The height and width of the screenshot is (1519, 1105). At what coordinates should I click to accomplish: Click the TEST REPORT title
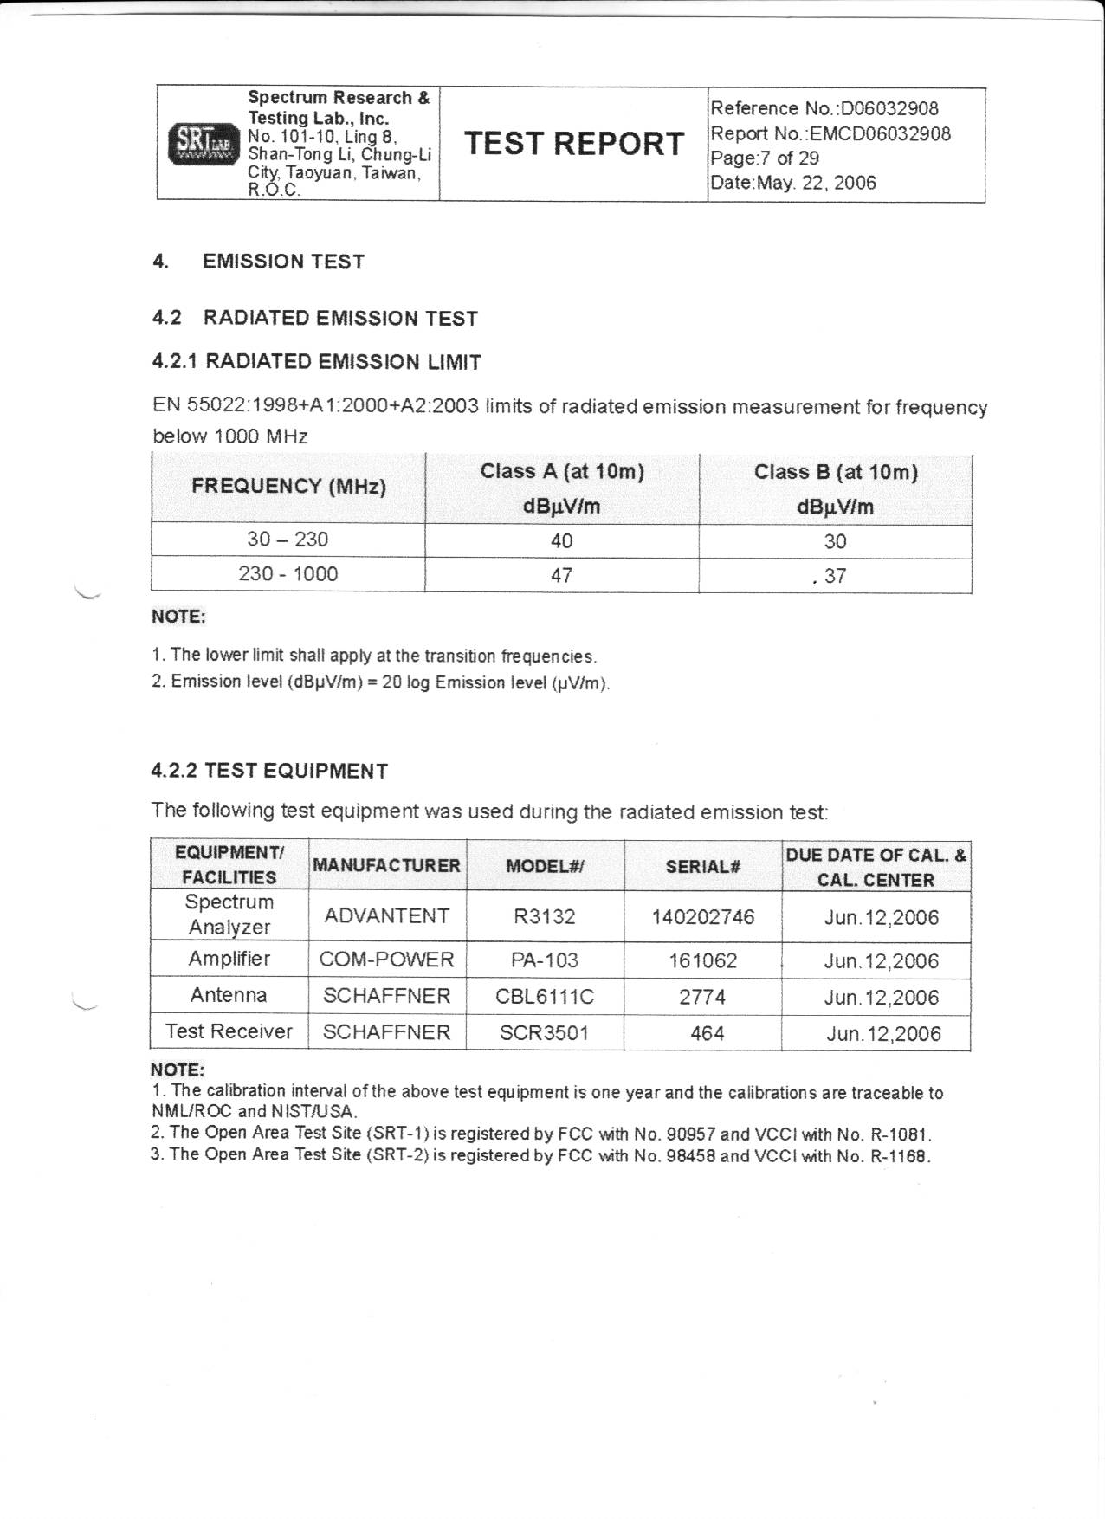click(573, 143)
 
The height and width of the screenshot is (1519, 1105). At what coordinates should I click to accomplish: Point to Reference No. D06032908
click(824, 108)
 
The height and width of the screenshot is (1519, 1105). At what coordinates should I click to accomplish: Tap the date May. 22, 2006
click(816, 183)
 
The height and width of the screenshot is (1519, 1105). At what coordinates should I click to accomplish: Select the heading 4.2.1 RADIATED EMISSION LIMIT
click(316, 362)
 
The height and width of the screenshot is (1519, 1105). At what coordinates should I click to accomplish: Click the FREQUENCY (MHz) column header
click(288, 486)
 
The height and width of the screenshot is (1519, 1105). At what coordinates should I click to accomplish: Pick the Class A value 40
click(561, 541)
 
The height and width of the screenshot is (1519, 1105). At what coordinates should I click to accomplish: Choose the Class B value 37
click(835, 576)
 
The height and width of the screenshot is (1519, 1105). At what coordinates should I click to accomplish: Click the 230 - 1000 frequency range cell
click(288, 574)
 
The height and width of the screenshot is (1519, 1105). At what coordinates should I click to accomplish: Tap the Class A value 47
click(561, 576)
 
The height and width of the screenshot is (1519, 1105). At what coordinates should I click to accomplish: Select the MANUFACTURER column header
click(386, 865)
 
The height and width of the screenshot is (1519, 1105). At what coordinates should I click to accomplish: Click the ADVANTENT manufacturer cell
click(386, 916)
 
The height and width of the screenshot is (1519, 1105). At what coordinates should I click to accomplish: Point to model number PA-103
click(545, 960)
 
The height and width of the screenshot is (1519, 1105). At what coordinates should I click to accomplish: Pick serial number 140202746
click(702, 916)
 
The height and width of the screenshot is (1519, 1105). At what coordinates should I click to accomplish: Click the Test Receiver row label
click(229, 1031)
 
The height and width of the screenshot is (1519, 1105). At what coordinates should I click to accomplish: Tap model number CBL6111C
click(545, 997)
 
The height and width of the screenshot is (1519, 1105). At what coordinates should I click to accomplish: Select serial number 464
click(707, 1033)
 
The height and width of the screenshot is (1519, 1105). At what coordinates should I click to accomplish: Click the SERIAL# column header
click(702, 865)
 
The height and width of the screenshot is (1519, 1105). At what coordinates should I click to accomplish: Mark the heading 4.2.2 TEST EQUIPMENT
click(269, 771)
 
